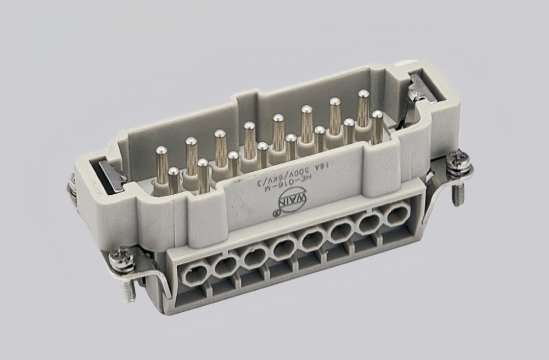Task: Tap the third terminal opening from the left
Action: click(x=254, y=256)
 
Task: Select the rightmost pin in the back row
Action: click(x=363, y=107)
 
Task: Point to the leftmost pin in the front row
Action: click(x=173, y=179)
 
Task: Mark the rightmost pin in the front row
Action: click(x=377, y=126)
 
